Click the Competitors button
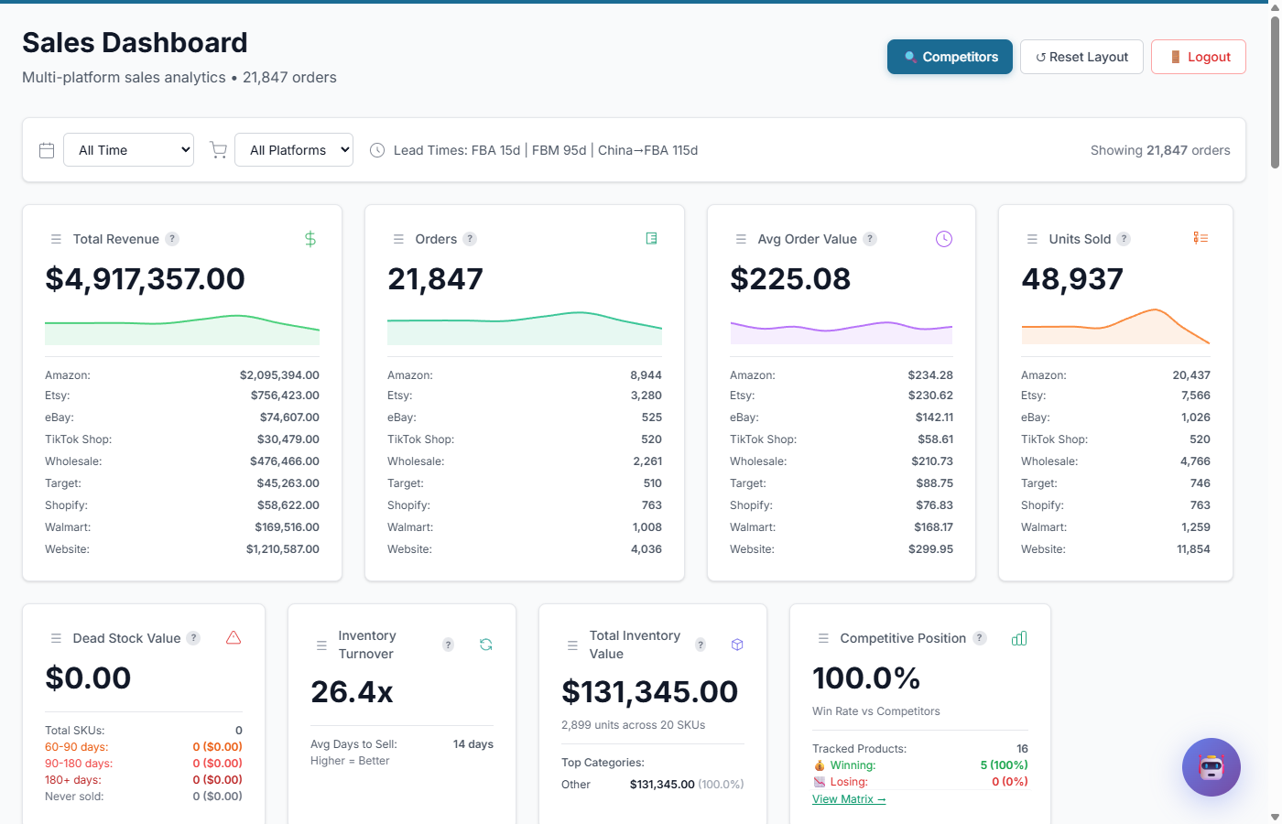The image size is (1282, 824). coord(950,57)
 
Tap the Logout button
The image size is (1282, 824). coord(1198,57)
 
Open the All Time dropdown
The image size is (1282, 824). coord(128,150)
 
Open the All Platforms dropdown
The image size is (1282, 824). coord(294,150)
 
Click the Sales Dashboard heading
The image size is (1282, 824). coord(135,43)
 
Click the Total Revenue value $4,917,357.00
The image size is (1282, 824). coord(145,279)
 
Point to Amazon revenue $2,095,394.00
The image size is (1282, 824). coord(279,375)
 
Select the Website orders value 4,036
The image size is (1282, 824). coord(646,549)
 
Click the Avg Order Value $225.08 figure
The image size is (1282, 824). coord(789,279)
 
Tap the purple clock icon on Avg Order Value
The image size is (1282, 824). coord(943,239)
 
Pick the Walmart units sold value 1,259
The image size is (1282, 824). coord(1195,527)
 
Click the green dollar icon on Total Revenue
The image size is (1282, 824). coord(310,239)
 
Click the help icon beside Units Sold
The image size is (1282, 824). coord(1124,239)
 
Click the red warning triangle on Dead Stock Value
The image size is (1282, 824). coord(234,638)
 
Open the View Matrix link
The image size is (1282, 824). coord(849,799)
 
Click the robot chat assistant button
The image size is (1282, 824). coord(1211,767)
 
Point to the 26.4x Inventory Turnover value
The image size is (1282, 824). coord(352,692)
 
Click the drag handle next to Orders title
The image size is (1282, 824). coord(398,239)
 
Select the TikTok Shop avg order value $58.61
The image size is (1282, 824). coord(935,439)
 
